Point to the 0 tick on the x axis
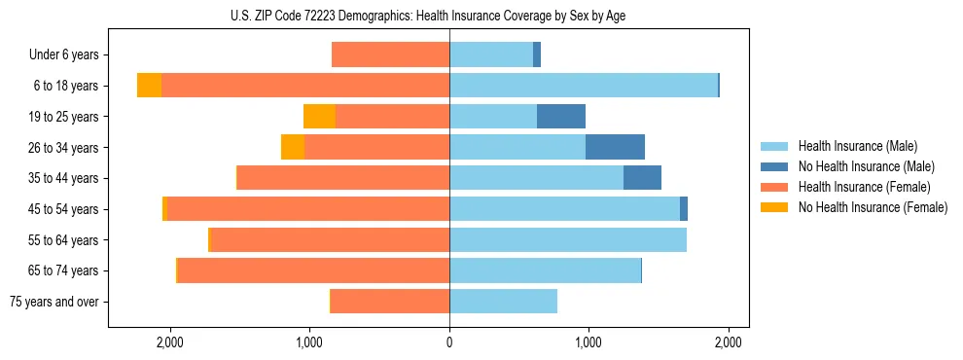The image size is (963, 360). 449,342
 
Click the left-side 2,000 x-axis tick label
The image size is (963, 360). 170,342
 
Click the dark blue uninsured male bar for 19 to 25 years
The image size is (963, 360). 561,117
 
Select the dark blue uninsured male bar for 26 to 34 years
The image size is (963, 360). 615,147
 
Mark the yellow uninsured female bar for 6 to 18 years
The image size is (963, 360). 149,86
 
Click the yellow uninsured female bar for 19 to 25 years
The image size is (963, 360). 319,117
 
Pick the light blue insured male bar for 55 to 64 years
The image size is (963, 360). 568,239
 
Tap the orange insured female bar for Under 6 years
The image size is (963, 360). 390,55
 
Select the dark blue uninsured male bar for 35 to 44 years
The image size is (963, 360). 642,178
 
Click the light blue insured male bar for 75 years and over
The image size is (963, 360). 503,302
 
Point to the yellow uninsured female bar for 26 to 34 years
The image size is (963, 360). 293,147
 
